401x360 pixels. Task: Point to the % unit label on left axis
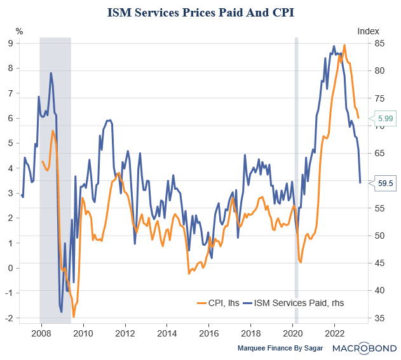(20, 30)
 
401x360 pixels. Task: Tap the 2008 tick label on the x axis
(41, 333)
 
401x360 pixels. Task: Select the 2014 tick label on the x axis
(167, 333)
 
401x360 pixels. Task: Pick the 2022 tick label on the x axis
(335, 333)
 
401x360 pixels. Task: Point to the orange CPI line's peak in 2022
(344, 45)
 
